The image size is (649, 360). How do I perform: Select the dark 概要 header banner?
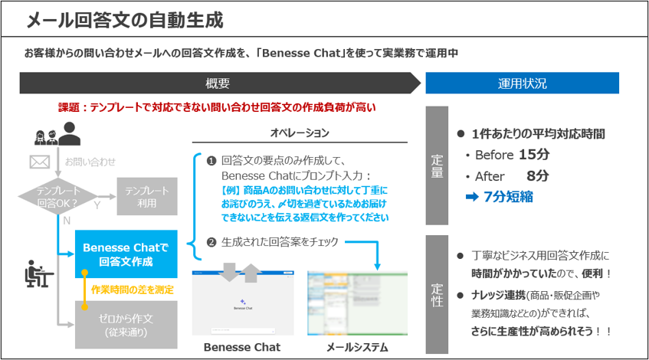[x=218, y=83]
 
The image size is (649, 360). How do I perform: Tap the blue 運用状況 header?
[x=522, y=83]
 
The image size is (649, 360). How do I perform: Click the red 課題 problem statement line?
[x=217, y=108]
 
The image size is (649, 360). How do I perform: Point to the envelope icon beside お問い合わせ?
[x=39, y=162]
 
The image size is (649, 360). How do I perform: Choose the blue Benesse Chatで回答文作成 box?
[x=126, y=254]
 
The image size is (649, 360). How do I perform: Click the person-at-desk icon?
[x=34, y=273]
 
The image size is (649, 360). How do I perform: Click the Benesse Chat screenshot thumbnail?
[x=241, y=303]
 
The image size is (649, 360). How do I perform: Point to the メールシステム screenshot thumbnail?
[x=357, y=303]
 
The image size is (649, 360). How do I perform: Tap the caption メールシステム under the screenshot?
[x=357, y=347]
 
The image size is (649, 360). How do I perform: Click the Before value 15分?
[x=534, y=155]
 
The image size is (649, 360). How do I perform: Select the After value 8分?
[x=537, y=176]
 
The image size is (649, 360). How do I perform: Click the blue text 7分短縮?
[x=508, y=197]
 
